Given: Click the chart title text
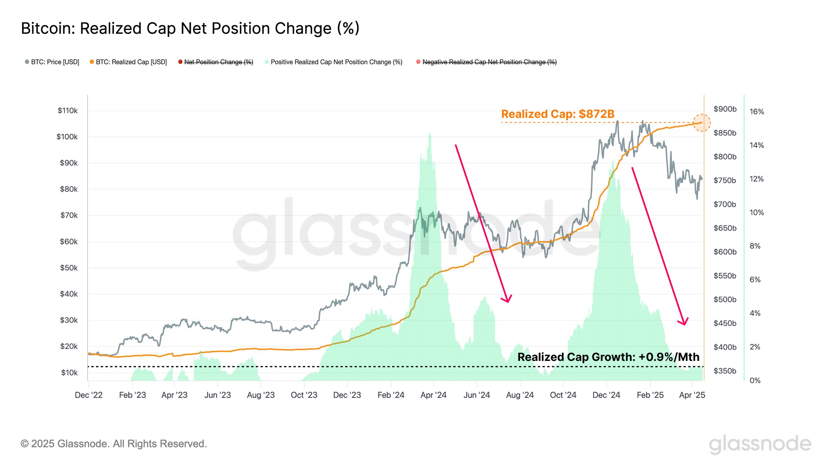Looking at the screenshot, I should coord(190,28).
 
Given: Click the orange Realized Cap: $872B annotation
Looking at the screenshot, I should coord(558,114).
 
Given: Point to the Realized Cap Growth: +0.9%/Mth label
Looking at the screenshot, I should coord(608,357).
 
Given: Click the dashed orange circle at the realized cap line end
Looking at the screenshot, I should coord(701,123).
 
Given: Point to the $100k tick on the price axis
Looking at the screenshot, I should coord(67,137).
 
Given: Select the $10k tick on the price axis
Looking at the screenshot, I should coord(69,373).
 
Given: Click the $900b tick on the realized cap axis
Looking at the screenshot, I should coord(725,109).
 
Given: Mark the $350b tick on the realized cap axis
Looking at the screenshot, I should coord(725,371).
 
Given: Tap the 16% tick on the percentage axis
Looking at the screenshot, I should coord(756,112).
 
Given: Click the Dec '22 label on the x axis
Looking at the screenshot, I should coord(89,395).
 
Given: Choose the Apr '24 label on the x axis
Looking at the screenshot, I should coord(433,395).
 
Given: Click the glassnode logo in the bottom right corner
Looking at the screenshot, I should coord(760,444).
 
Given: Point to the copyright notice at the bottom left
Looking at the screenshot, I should coord(113,444).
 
